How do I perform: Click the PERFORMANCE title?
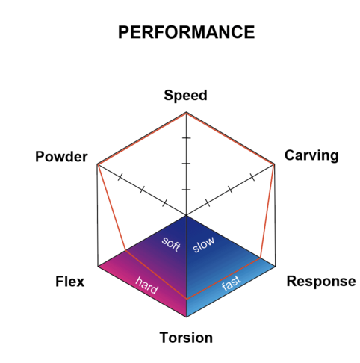click(186, 32)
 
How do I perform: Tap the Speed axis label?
click(185, 96)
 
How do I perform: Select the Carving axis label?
click(311, 155)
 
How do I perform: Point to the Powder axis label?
click(61, 157)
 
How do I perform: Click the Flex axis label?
click(70, 282)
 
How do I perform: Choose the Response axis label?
click(321, 282)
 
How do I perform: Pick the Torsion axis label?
click(186, 338)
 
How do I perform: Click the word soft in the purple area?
click(171, 244)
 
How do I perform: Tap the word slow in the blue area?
click(204, 244)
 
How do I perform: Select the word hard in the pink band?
click(146, 285)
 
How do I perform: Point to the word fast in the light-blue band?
click(232, 283)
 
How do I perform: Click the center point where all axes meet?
click(186, 215)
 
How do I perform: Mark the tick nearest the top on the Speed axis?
click(186, 137)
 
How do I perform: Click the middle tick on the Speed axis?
click(186, 164)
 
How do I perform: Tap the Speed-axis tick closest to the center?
click(186, 190)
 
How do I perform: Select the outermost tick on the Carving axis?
click(252, 178)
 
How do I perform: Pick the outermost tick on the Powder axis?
click(120, 177)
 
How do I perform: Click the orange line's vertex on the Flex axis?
click(125, 250)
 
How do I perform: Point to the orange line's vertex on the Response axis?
click(261, 258)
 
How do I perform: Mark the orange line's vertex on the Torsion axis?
click(186, 299)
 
